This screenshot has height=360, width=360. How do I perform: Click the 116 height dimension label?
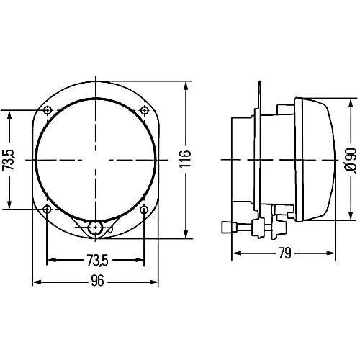(x=185, y=158)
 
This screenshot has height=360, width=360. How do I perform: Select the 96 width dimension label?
(x=97, y=281)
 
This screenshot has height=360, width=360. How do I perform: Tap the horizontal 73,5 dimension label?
(x=98, y=261)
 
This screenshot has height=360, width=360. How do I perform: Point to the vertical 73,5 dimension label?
(x=9, y=160)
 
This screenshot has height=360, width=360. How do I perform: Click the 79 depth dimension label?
(x=285, y=253)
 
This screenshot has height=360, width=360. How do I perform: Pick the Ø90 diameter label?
(x=351, y=160)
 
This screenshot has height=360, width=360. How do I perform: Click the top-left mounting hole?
(x=48, y=110)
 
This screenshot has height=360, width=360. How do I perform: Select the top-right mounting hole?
(x=144, y=110)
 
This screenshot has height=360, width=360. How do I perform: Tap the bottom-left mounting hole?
(x=48, y=210)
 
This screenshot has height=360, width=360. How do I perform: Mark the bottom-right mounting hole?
(x=144, y=210)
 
